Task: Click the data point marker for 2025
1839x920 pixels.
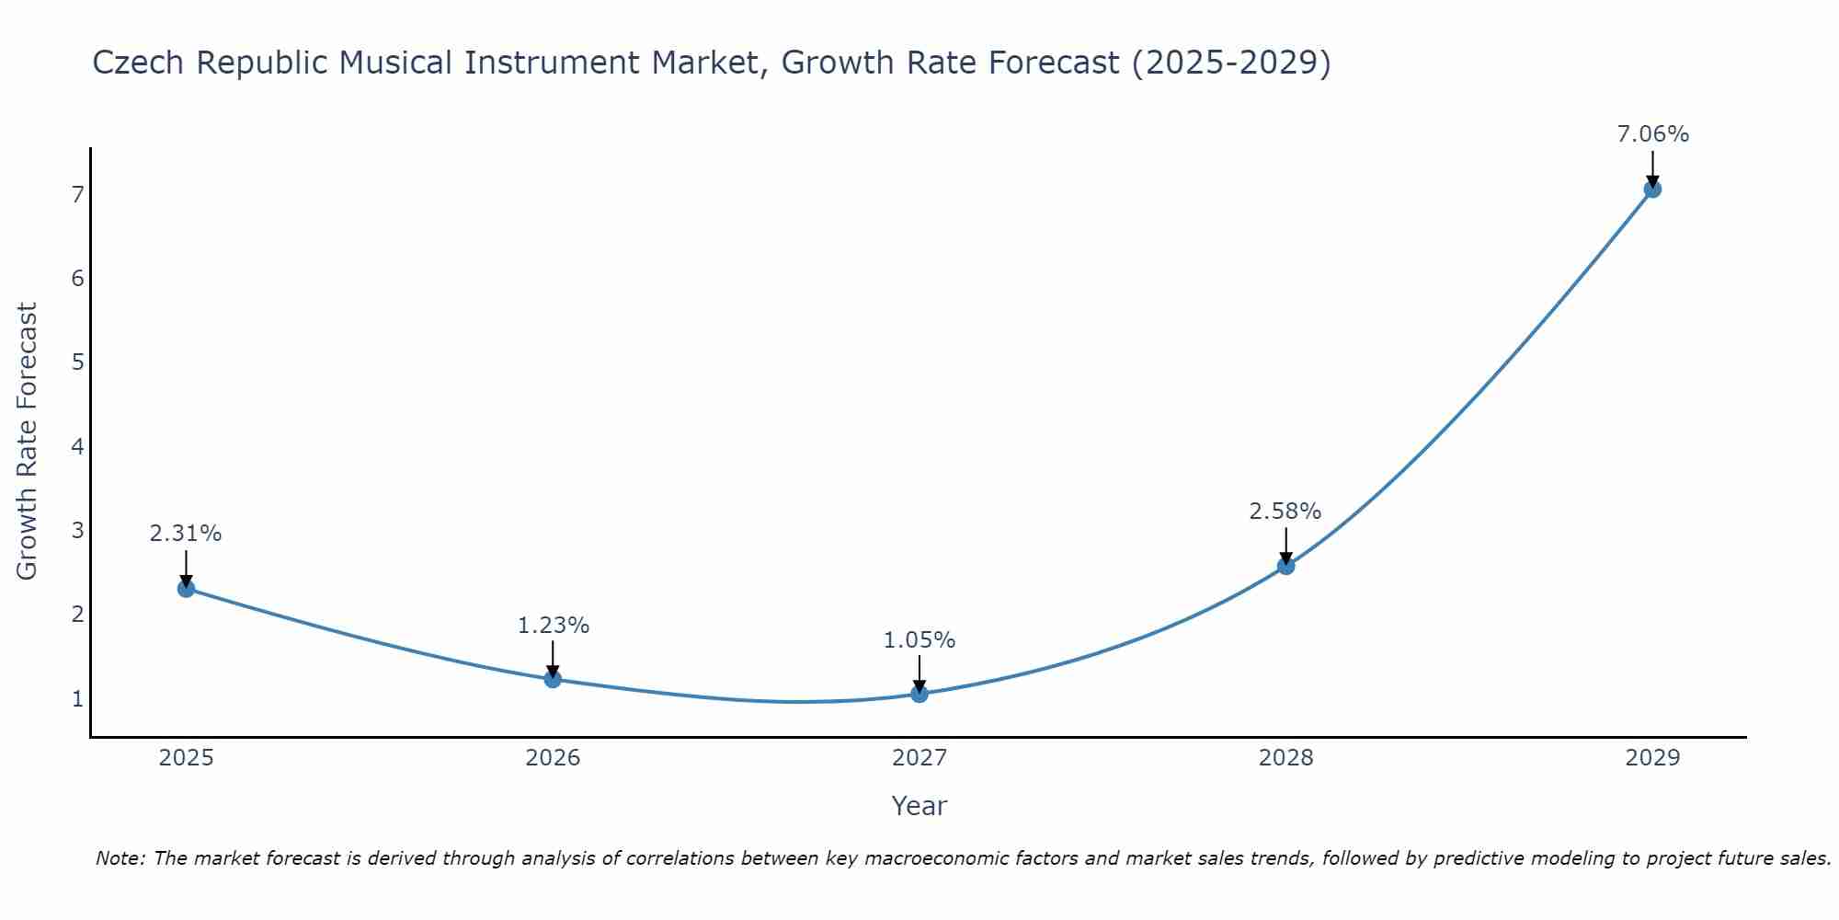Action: [186, 589]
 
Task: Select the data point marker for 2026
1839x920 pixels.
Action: [553, 679]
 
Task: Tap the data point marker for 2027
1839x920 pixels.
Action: [919, 694]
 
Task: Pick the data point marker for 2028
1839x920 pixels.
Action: [1285, 566]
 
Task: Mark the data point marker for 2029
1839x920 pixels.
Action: [1652, 190]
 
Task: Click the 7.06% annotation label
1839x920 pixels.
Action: [1652, 134]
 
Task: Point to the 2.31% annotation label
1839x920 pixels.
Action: [186, 534]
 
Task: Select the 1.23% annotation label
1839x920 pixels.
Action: [553, 626]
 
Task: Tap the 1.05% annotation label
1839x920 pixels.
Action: [919, 640]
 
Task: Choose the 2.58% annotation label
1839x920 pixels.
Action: [1285, 512]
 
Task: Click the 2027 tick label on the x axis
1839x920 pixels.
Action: [919, 758]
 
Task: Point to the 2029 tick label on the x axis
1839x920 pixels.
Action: [1652, 758]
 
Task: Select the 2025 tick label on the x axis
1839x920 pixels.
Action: [186, 758]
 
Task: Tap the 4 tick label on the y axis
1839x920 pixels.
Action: [77, 447]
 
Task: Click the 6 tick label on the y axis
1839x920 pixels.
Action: [77, 279]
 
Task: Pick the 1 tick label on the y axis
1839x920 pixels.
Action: [77, 699]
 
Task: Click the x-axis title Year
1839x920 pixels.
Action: [919, 806]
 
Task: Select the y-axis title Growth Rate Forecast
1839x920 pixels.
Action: [28, 442]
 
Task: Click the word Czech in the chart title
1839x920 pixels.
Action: [139, 63]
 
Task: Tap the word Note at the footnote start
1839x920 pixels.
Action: [119, 858]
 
